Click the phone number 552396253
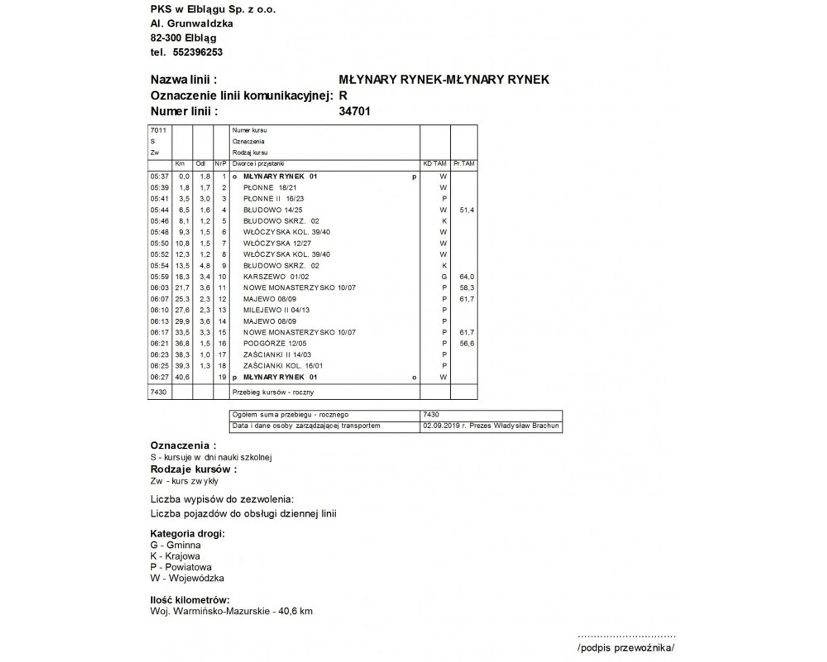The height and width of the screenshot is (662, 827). [197, 52]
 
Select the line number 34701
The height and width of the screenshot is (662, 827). [354, 112]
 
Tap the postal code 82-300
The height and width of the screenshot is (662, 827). [166, 38]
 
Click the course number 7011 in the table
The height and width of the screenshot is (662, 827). [158, 130]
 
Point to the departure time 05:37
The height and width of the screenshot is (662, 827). [159, 176]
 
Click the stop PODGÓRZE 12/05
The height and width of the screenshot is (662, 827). [275, 343]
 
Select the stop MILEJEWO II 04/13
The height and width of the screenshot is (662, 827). [276, 310]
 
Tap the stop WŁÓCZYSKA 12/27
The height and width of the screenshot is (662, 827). [277, 243]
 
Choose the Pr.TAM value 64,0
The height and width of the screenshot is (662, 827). [466, 277]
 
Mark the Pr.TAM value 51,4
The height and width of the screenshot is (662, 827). [466, 210]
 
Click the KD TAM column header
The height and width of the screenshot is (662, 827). [435, 163]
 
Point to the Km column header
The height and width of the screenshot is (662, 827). [180, 163]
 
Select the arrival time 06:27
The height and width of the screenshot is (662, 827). [159, 378]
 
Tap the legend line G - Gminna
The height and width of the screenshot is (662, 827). [175, 545]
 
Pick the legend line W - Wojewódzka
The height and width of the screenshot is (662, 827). [186, 578]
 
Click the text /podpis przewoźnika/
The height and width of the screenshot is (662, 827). [626, 648]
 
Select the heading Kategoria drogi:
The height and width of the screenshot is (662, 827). [187, 534]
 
